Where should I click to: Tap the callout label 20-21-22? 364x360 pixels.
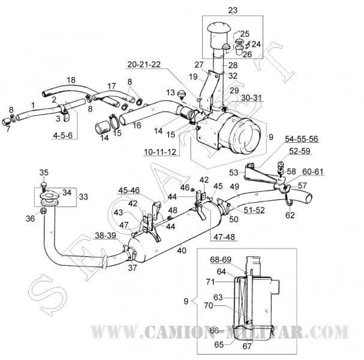point(145,64)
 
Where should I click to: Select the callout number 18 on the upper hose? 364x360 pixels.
point(71,80)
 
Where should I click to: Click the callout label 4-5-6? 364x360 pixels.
point(62,136)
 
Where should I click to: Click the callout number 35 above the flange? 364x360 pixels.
point(44,173)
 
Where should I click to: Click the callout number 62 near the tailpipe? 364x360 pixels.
point(290,214)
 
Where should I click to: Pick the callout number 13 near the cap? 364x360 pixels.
point(171,92)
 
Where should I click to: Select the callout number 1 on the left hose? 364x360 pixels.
point(33,105)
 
